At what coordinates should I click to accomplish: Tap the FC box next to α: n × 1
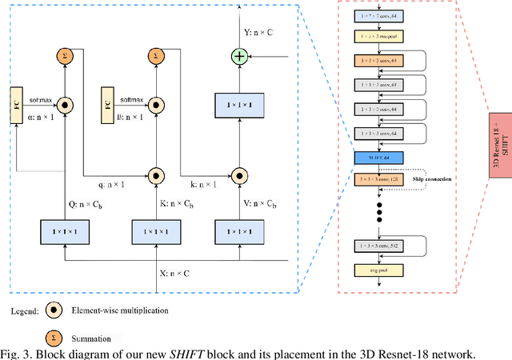coord(16,105)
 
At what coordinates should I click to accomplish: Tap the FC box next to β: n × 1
coord(109,105)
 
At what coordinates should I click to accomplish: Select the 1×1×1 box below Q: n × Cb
coord(64,231)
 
